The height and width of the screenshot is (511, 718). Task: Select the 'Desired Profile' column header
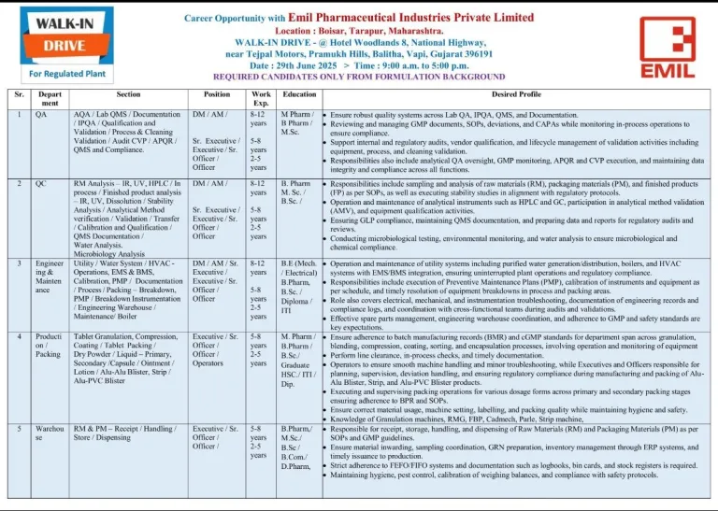[x=516, y=94]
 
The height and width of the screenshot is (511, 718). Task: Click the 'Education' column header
[x=299, y=94]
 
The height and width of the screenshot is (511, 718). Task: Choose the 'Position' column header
[x=216, y=94]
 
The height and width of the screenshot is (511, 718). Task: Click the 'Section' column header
[x=129, y=94]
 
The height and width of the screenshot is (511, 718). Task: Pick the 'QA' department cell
[x=41, y=114]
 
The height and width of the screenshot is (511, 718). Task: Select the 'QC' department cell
[x=41, y=184]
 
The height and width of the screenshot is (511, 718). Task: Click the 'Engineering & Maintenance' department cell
[x=49, y=278]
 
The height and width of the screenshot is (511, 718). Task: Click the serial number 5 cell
[x=19, y=428]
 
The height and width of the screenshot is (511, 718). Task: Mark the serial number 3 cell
[x=19, y=265]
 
